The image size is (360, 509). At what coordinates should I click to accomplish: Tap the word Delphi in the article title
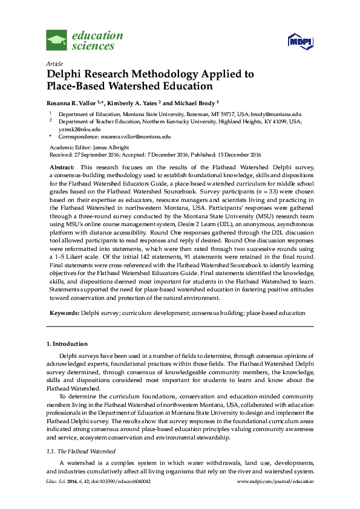[x=65, y=74]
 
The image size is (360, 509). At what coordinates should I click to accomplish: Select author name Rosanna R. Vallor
[x=73, y=102]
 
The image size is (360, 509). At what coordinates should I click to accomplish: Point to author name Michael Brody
[x=197, y=102]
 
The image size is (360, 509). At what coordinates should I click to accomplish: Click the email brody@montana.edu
[x=284, y=114]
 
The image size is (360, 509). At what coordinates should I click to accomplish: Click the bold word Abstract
[x=61, y=166]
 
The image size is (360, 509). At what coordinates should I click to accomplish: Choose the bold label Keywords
[x=63, y=313]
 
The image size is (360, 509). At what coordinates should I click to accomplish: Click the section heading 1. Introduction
[x=67, y=343]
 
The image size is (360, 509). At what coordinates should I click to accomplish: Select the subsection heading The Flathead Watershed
[x=88, y=452]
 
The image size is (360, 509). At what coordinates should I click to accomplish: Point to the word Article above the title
[x=54, y=63]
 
